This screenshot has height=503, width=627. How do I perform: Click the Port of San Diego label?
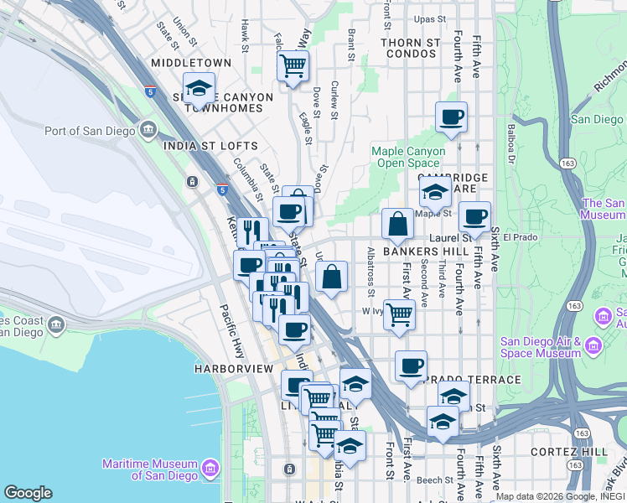pyautogui.click(x=91, y=130)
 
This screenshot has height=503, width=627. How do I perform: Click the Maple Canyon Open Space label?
pyautogui.click(x=408, y=157)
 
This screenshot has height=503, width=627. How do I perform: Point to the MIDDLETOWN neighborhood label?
pyautogui.click(x=191, y=63)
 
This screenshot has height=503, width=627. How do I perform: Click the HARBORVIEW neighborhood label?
pyautogui.click(x=234, y=369)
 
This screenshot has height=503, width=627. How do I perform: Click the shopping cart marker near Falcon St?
pyautogui.click(x=293, y=65)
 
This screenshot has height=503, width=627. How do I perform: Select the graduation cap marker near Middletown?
pyautogui.click(x=199, y=88)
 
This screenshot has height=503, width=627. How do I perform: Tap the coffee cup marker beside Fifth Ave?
pyautogui.click(x=474, y=218)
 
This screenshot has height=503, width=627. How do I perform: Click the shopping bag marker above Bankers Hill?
pyautogui.click(x=397, y=225)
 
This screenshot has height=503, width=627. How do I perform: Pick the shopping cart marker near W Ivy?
pyautogui.click(x=400, y=315)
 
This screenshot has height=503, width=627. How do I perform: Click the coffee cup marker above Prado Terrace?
pyautogui.click(x=411, y=366)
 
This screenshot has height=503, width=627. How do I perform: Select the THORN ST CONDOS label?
pyautogui.click(x=410, y=48)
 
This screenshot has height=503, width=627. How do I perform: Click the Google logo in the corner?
pyautogui.click(x=28, y=493)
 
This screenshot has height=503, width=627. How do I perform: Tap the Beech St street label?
pyautogui.click(x=435, y=480)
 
